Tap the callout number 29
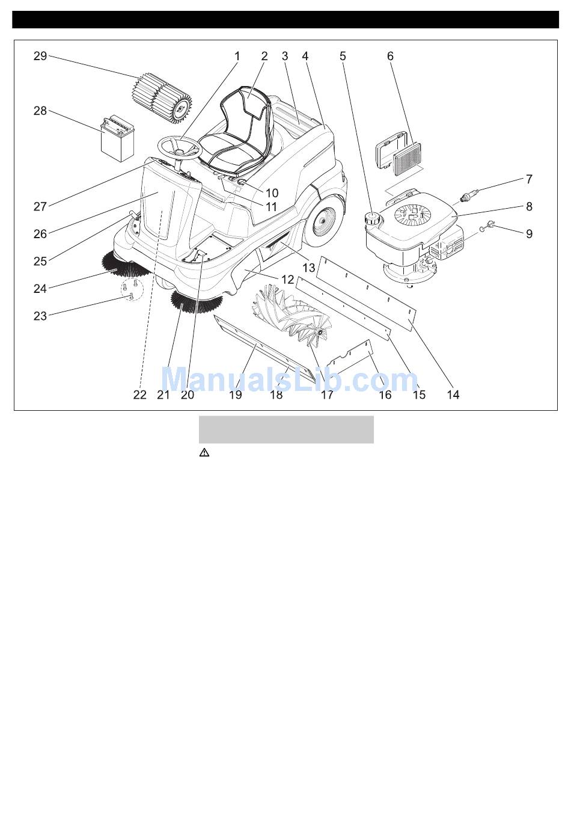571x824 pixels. pos(40,57)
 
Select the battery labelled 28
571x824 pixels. pos(118,138)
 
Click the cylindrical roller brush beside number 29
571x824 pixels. pos(162,99)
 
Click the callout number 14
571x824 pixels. pos(453,395)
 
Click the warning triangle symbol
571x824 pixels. pos(204,453)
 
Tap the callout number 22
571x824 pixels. pos(139,395)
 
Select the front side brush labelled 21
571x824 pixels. pos(197,301)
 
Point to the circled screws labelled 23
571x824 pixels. pos(132,289)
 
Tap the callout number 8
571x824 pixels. pos(529,206)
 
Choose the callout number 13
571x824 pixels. pos(309,268)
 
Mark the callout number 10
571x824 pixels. pos(272,193)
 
